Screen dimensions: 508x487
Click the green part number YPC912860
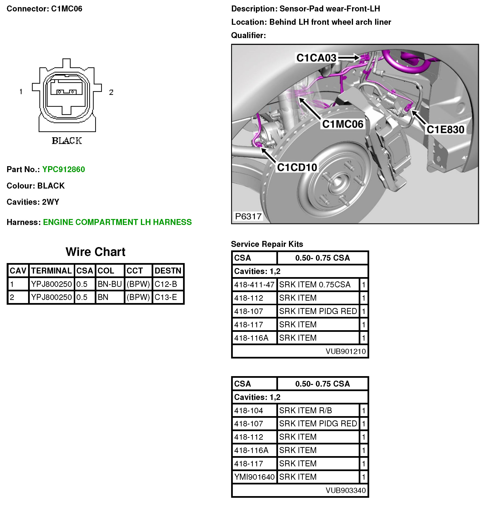click(64, 169)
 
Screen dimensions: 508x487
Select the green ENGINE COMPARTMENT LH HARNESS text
click(117, 222)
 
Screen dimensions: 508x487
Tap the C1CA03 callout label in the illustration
click(316, 58)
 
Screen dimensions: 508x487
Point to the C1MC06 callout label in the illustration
click(342, 124)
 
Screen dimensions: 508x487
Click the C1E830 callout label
click(445, 129)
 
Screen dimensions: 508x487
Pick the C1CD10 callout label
click(297, 167)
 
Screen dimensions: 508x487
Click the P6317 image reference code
click(248, 216)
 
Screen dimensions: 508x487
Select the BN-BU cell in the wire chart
click(110, 284)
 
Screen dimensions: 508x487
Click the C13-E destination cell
click(166, 297)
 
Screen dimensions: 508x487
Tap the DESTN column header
click(168, 271)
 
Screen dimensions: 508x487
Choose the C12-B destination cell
click(166, 284)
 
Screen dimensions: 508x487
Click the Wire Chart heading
click(95, 252)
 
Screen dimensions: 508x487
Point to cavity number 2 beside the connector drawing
click(111, 92)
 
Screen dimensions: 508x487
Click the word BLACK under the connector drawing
click(67, 141)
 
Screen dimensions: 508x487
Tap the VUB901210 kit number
click(345, 351)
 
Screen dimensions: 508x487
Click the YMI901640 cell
click(254, 477)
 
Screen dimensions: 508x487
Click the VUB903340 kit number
click(345, 490)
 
